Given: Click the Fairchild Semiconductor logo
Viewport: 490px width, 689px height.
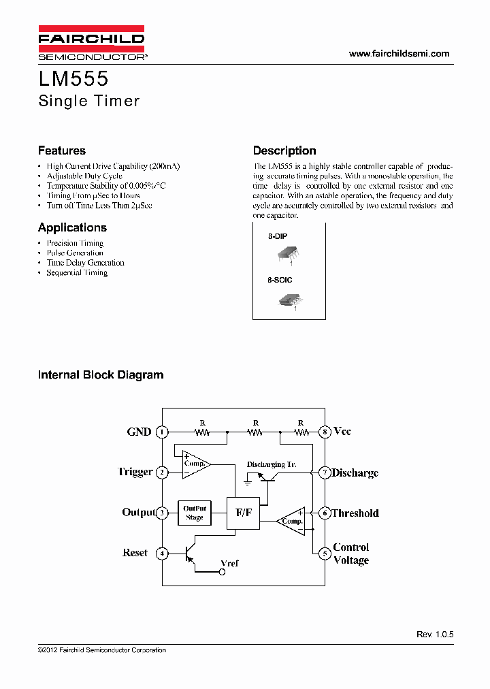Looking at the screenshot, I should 91,44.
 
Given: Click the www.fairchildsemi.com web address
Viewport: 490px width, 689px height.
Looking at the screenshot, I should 399,54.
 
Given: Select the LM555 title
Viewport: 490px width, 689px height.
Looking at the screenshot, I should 69,80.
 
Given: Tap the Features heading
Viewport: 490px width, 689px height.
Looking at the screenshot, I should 62,150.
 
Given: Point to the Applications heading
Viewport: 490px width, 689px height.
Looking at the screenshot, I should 72,227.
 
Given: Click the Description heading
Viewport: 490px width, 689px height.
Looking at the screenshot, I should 284,150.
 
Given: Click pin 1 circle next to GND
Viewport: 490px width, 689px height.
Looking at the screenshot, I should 162,432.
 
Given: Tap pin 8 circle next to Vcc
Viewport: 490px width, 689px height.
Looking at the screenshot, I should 325,432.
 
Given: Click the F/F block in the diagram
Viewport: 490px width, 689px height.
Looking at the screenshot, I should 243,513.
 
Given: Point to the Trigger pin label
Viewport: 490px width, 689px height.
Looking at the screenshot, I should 135,472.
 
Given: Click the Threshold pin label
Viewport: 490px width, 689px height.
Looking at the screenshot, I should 355,513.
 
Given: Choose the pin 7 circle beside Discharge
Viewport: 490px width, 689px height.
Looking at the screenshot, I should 325,472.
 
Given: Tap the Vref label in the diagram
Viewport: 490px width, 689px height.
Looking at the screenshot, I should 230,563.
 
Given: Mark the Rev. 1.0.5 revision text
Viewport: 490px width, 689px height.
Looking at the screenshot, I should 435,634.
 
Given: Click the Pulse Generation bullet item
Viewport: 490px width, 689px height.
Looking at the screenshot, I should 75,253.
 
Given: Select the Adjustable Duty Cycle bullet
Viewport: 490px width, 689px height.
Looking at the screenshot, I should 84,176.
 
